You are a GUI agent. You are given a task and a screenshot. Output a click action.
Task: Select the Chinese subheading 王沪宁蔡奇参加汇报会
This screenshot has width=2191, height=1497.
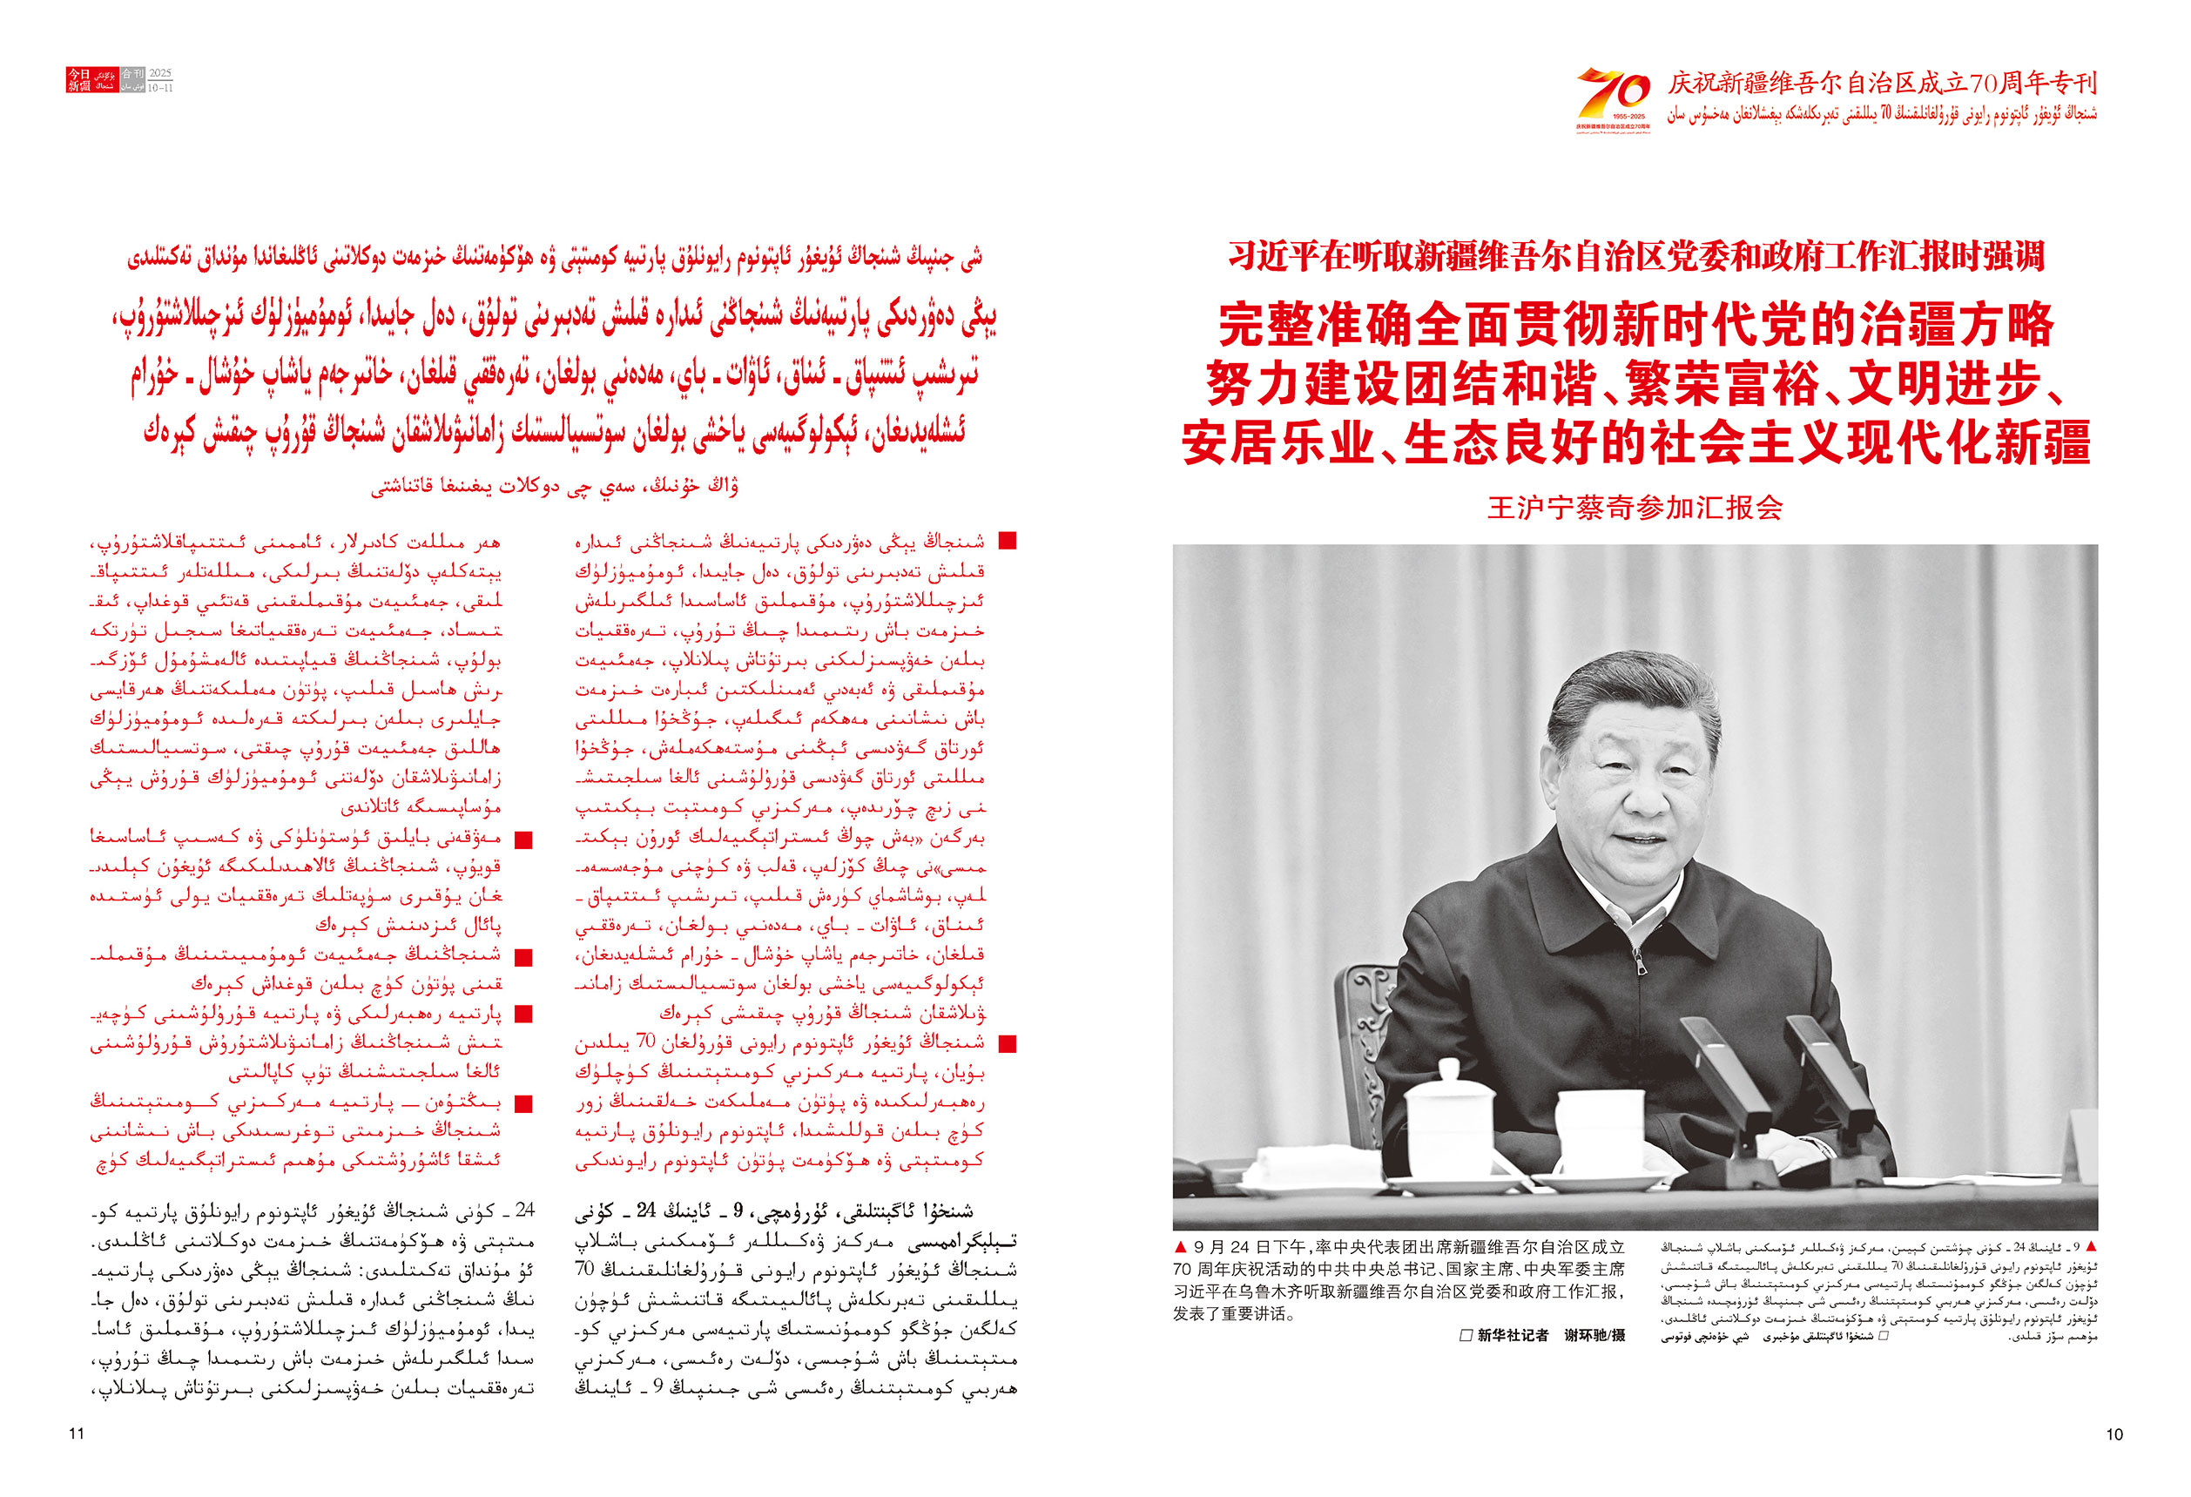[1635, 508]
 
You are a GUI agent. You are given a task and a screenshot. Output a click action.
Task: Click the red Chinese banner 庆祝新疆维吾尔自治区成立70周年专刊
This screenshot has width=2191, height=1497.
[1882, 84]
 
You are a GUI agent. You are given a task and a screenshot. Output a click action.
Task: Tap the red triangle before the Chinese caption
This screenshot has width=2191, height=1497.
[1182, 1247]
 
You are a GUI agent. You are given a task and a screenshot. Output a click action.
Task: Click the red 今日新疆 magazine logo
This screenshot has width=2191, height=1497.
[79, 79]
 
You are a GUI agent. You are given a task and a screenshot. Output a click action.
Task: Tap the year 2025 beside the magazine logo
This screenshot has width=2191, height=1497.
[160, 73]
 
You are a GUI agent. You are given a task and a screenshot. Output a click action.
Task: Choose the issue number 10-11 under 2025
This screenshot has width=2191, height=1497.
[160, 88]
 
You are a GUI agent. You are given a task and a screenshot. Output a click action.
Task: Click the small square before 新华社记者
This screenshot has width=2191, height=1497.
[1465, 1335]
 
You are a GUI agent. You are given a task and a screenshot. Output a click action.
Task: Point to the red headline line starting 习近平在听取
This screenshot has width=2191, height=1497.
[1635, 256]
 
